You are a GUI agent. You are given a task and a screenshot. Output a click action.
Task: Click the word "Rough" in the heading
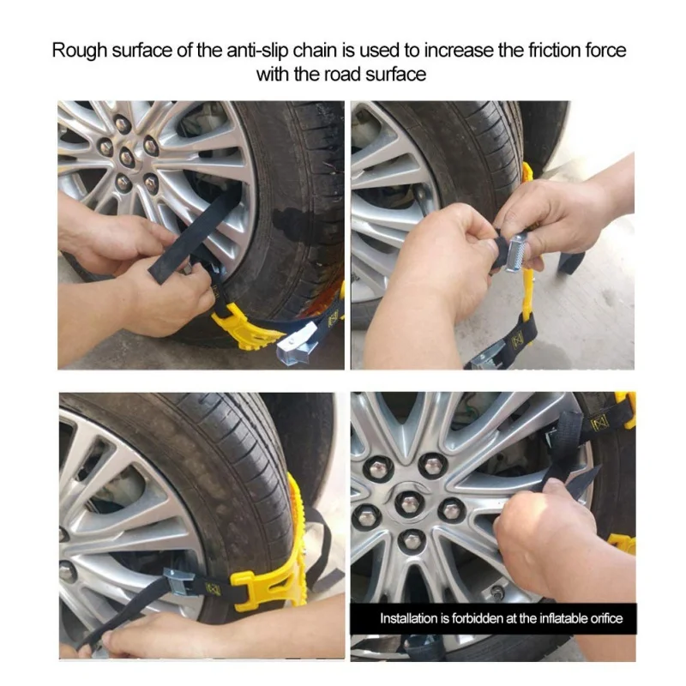tap(79, 51)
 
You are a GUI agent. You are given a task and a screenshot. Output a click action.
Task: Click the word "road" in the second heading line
tap(342, 75)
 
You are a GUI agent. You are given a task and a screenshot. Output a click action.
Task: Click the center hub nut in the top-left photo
tap(127, 156)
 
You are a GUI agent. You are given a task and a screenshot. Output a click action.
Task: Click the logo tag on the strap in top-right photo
tap(518, 340)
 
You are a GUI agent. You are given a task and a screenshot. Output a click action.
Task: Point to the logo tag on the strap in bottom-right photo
tap(599, 424)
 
